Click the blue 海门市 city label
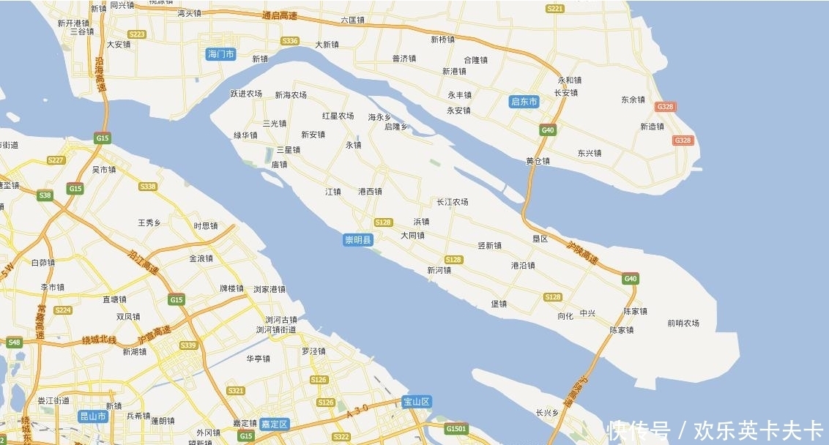pyautogui.click(x=220, y=54)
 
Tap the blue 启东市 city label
pyautogui.click(x=524, y=102)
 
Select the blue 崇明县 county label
pyautogui.click(x=359, y=239)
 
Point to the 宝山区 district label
pyautogui.click(x=417, y=401)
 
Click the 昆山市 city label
pyautogui.click(x=93, y=416)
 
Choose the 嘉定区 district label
pyautogui.click(x=275, y=424)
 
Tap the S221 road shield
pyautogui.click(x=555, y=9)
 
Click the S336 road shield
pyautogui.click(x=290, y=41)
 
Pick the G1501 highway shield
pyautogui.click(x=456, y=428)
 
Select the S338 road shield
pyautogui.click(x=148, y=187)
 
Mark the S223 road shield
pyautogui.click(x=136, y=34)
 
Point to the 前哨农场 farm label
pyautogui.click(x=683, y=323)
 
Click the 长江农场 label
pyautogui.click(x=452, y=202)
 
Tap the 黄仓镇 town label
pyautogui.click(x=538, y=161)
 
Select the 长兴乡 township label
pyautogui.click(x=547, y=413)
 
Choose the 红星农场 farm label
pyautogui.click(x=338, y=116)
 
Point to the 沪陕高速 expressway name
pyautogui.click(x=583, y=253)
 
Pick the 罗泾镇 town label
pyautogui.click(x=313, y=351)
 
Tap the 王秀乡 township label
pyautogui.click(x=149, y=222)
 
